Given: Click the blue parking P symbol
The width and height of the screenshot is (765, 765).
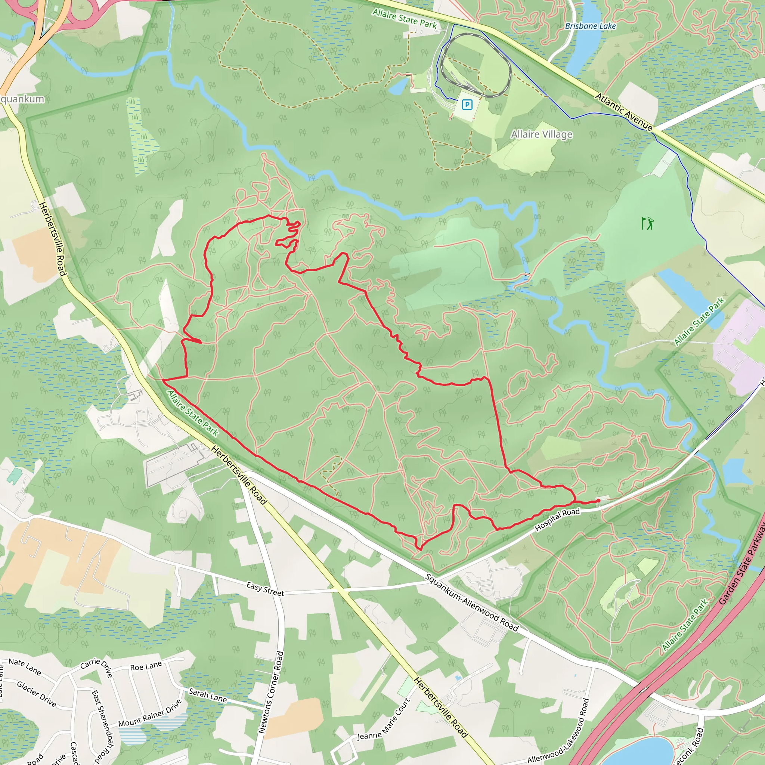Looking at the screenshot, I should [x=467, y=105].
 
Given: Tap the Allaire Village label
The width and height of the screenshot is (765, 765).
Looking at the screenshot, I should [x=541, y=134].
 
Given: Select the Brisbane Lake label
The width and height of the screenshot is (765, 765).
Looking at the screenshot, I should [x=591, y=26].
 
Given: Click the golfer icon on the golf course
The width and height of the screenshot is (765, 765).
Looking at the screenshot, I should [x=647, y=223].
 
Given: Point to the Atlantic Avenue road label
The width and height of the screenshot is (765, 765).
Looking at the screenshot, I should [x=624, y=112].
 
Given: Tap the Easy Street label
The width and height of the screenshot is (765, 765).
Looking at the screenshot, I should [x=265, y=589].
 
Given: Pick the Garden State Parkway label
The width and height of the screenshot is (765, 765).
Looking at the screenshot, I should [x=742, y=563].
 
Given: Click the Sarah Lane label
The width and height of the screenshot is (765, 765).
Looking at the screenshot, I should [x=207, y=695].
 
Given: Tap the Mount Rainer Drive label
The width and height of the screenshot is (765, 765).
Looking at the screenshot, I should [x=150, y=713].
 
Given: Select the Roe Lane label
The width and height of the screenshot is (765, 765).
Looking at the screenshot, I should [x=146, y=666].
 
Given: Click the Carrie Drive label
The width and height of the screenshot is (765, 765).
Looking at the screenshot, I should [x=97, y=666].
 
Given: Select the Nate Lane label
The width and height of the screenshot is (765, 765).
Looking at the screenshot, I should [x=25, y=666].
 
